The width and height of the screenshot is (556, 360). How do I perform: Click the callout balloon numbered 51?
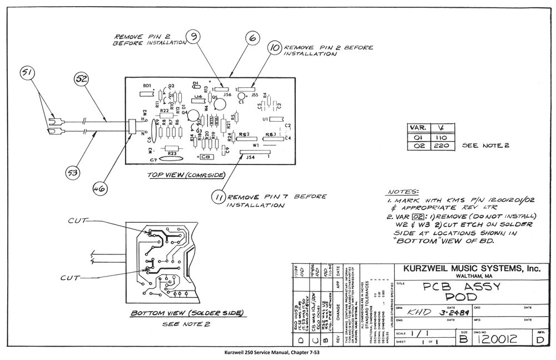tap(28, 74)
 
